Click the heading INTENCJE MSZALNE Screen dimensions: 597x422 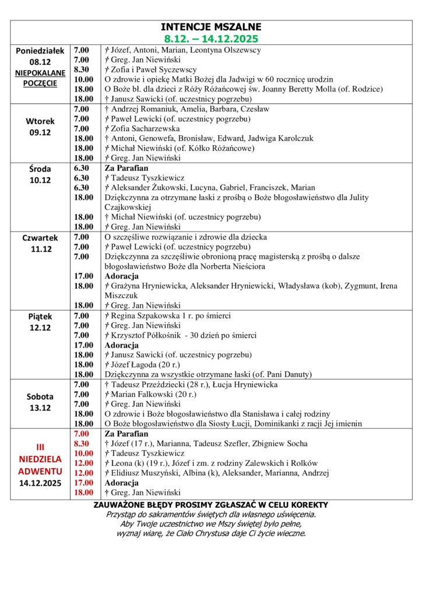[x=211, y=27]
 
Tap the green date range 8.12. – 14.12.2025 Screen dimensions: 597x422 [x=211, y=38]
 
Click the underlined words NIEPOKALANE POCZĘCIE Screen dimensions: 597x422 [x=41, y=78]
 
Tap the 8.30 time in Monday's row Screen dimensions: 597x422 [x=82, y=69]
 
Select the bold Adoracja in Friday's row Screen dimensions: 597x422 [x=121, y=345]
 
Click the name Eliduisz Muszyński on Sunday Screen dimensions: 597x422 [x=152, y=473]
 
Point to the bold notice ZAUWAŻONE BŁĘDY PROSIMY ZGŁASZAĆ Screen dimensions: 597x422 [x=211, y=505]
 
